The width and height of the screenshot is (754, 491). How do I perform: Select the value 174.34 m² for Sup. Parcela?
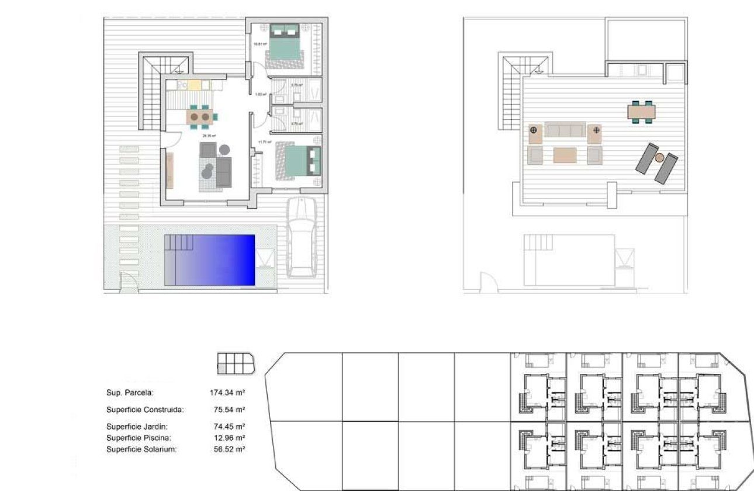(x=227, y=393)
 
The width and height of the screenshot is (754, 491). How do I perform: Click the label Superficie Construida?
(x=145, y=410)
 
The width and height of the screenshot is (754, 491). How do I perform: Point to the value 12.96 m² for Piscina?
(x=229, y=438)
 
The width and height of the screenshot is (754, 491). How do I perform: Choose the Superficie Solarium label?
(x=141, y=449)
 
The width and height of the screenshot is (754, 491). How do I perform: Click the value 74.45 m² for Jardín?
(x=229, y=427)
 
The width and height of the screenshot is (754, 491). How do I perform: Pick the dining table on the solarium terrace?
(x=641, y=111)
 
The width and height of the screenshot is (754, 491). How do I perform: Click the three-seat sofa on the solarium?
(x=565, y=130)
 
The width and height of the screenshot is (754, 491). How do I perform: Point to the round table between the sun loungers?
(x=659, y=158)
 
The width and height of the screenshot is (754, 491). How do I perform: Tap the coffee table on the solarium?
(x=565, y=155)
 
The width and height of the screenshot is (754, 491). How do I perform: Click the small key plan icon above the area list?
(x=236, y=363)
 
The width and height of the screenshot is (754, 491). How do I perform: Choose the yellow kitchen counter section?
(x=195, y=85)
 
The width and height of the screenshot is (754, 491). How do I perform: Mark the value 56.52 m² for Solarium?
(x=229, y=449)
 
